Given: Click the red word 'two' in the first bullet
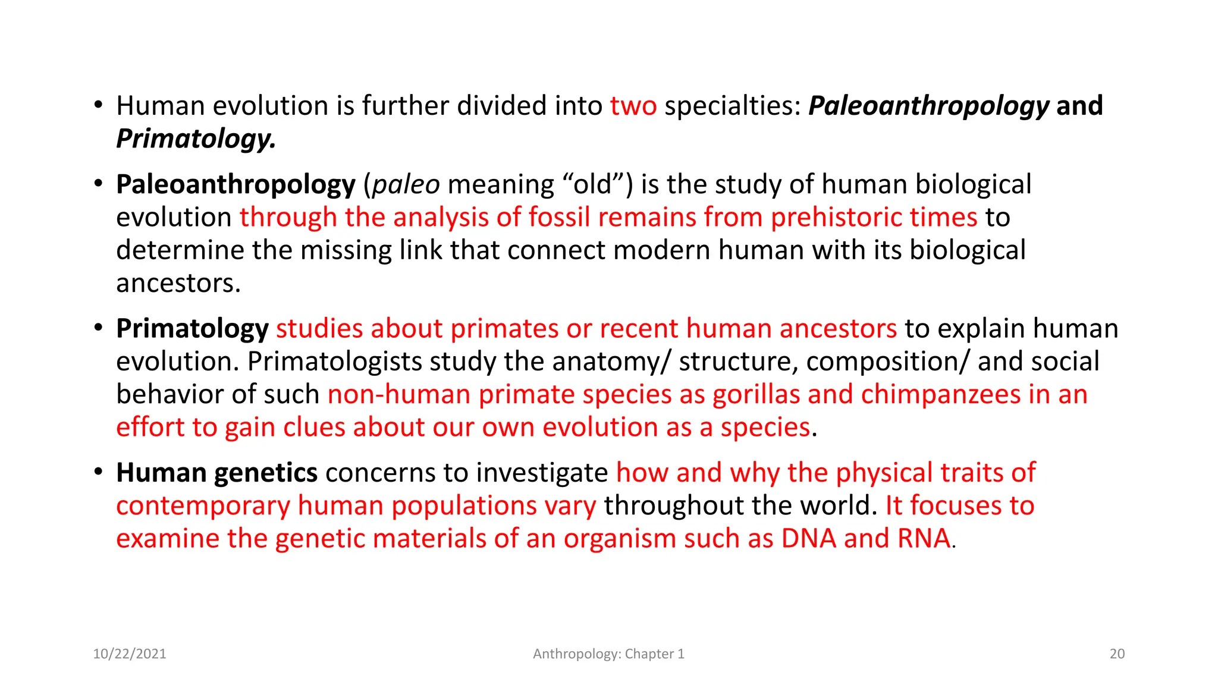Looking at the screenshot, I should click(x=633, y=106).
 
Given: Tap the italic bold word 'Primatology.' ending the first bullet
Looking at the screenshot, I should click(x=196, y=139).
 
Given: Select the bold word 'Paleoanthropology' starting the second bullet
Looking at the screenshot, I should click(x=236, y=185).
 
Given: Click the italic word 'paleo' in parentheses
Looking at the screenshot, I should click(x=406, y=185).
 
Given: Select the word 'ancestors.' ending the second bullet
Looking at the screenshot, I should click(x=178, y=284).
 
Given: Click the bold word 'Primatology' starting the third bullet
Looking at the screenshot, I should click(x=192, y=329).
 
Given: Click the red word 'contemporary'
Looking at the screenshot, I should click(x=203, y=506).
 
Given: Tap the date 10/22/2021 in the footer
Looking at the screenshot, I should click(x=130, y=654).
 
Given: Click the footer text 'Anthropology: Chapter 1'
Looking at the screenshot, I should click(x=608, y=654).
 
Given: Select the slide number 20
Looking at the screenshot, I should click(x=1117, y=654).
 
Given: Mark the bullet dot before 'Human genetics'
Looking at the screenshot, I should click(x=99, y=473).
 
